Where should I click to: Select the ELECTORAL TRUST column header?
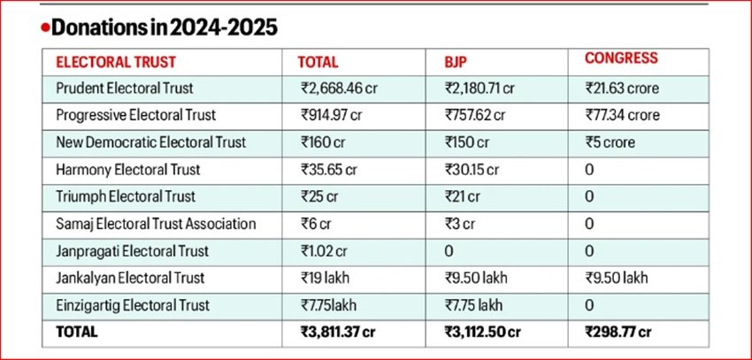pos(115,63)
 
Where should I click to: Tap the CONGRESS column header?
pos(621,58)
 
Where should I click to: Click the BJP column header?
pos(458,63)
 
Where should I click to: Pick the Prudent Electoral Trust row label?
pos(124,88)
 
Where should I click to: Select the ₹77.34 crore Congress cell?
pos(622,115)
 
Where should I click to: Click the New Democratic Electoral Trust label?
pos(150,142)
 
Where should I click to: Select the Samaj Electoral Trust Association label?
pos(155,224)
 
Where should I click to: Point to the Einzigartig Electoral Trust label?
pos(132,305)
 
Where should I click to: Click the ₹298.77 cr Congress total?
pos(619,333)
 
